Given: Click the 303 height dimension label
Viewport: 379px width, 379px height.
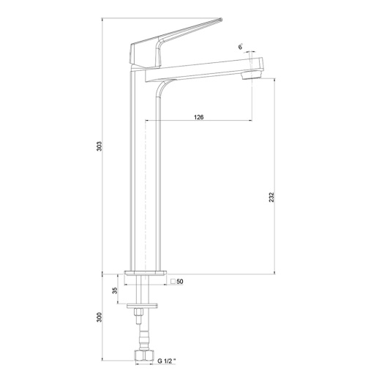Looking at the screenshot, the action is pos(99,146).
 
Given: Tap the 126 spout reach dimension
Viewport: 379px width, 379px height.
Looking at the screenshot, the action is pos(198,117).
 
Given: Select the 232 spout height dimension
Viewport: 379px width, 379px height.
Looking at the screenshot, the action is pos(271,197).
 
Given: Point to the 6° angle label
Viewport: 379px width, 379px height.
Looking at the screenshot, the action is pos(241,47).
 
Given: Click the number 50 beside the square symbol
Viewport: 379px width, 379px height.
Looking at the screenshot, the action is pos(180,282).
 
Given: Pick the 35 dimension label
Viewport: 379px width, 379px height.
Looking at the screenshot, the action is pos(115,290).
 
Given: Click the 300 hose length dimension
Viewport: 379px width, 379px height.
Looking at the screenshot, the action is pos(99,317).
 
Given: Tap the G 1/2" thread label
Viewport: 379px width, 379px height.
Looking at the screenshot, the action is pos(167,361).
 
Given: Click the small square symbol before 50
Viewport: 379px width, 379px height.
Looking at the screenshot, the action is pos(173,282).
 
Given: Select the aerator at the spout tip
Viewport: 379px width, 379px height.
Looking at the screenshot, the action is pos(251,75).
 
